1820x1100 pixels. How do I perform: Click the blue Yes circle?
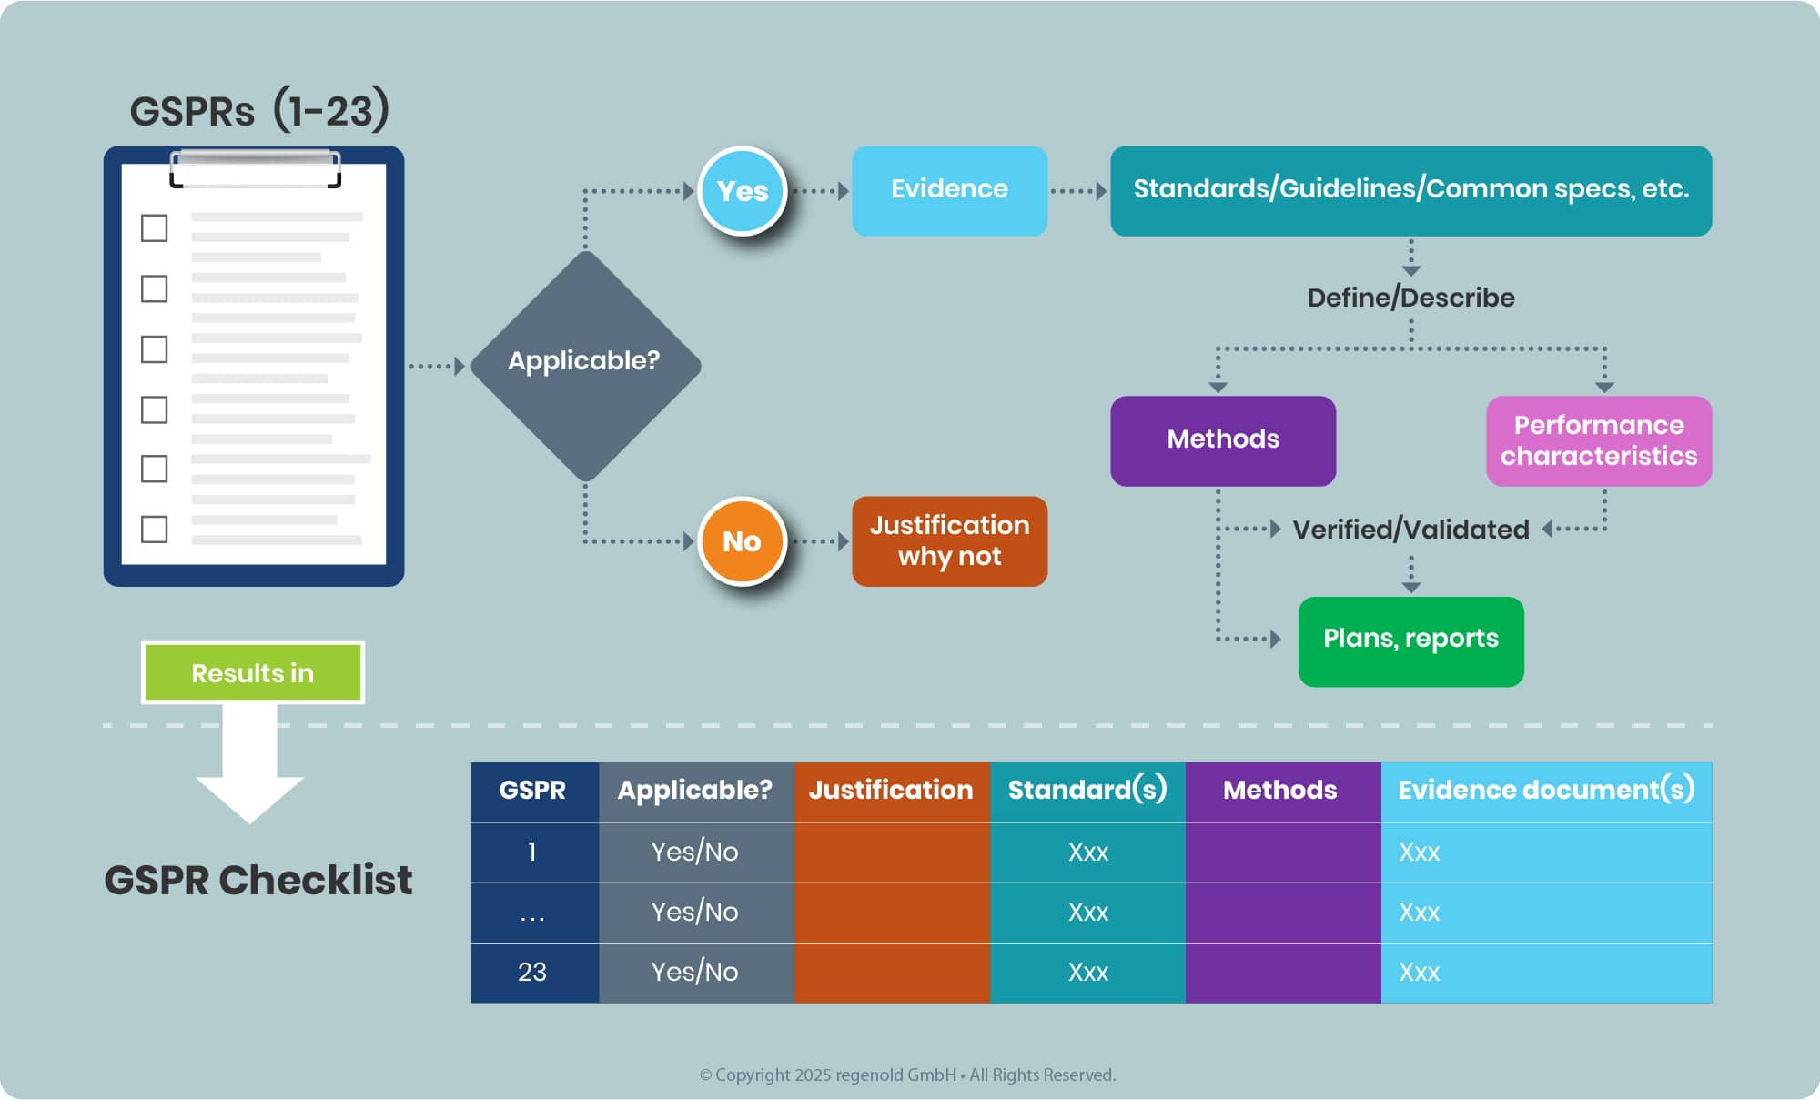pyautogui.click(x=743, y=191)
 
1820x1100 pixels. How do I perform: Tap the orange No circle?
pyautogui.click(x=743, y=541)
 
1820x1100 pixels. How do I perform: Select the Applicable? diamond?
pyautogui.click(x=585, y=366)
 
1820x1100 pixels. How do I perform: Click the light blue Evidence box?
pyautogui.click(x=949, y=191)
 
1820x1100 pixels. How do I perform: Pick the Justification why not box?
pyautogui.click(x=949, y=541)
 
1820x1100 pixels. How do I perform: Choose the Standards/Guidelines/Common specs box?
pyautogui.click(x=1410, y=191)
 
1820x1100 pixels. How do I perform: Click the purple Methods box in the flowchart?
pyautogui.click(x=1223, y=440)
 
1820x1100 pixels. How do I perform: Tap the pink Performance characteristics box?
pyautogui.click(x=1599, y=440)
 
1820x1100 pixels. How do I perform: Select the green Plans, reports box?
pyautogui.click(x=1410, y=641)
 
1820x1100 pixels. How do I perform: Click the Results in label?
pyautogui.click(x=253, y=672)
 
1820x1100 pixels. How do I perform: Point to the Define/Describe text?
pyautogui.click(x=1410, y=298)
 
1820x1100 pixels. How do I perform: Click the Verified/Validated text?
pyautogui.click(x=1410, y=530)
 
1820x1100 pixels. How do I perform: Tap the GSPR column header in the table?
pyautogui.click(x=532, y=790)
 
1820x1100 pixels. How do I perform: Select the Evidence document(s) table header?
pyautogui.click(x=1546, y=790)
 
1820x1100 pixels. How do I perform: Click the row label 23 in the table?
pyautogui.click(x=532, y=972)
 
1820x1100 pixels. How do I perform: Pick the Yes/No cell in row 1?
pyautogui.click(x=694, y=852)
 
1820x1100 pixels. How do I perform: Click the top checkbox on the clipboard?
pyautogui.click(x=155, y=227)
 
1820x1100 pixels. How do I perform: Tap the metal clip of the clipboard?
pyautogui.click(x=256, y=169)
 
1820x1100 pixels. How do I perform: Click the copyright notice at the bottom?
pyautogui.click(x=907, y=1075)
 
